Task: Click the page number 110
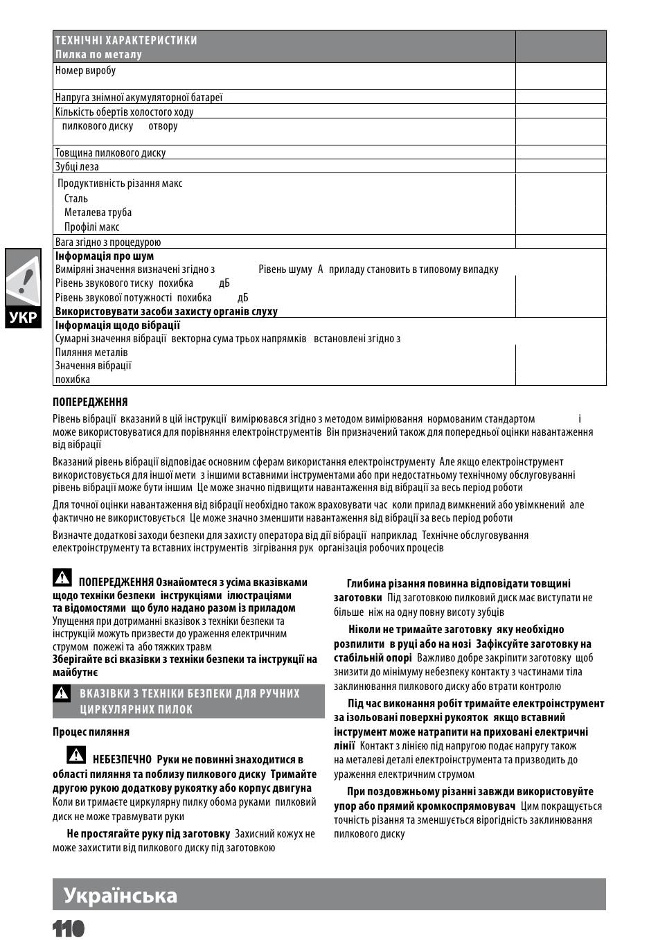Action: click(68, 928)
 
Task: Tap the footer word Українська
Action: click(121, 895)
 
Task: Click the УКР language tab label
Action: click(23, 319)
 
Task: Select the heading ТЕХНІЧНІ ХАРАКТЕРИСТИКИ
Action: click(126, 40)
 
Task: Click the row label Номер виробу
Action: click(85, 70)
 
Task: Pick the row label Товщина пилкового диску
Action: click(110, 152)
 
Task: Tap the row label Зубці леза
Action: click(77, 166)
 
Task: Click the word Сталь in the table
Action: click(76, 198)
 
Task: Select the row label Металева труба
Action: click(98, 212)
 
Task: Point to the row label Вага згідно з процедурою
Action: click(108, 242)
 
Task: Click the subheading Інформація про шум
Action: click(105, 256)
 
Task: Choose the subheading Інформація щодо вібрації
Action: click(118, 325)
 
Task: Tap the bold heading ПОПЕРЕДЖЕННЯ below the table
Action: click(90, 402)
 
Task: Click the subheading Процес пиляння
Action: click(91, 731)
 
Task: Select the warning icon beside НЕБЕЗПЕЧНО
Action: click(76, 754)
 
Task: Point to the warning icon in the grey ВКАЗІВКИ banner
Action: click(62, 693)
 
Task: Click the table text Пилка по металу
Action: click(98, 54)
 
